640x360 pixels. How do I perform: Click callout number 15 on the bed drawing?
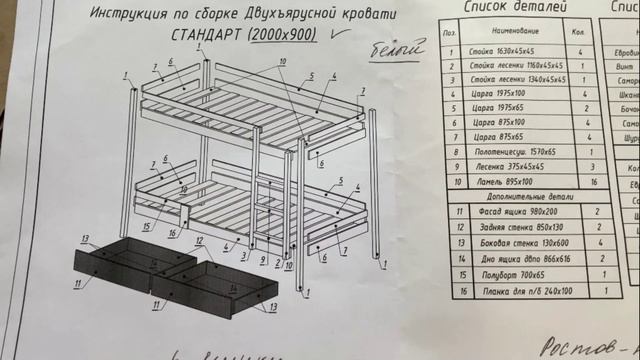coord(147,226)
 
